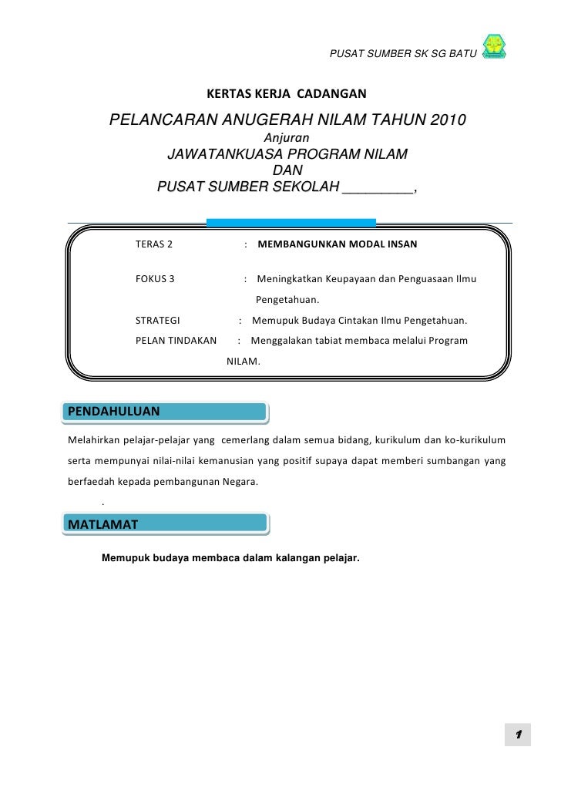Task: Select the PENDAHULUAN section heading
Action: click(x=114, y=411)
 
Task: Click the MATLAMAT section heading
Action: click(x=103, y=525)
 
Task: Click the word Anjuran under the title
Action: click(x=287, y=137)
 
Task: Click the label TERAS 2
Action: click(x=154, y=245)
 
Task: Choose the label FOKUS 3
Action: click(x=155, y=279)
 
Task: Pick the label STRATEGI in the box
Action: click(x=157, y=321)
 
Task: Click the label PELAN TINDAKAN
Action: click(x=176, y=340)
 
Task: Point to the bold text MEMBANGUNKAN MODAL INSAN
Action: click(x=337, y=245)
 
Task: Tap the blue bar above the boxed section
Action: click(x=291, y=223)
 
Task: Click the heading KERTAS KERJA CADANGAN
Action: click(x=287, y=95)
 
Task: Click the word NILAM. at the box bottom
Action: click(x=244, y=360)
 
